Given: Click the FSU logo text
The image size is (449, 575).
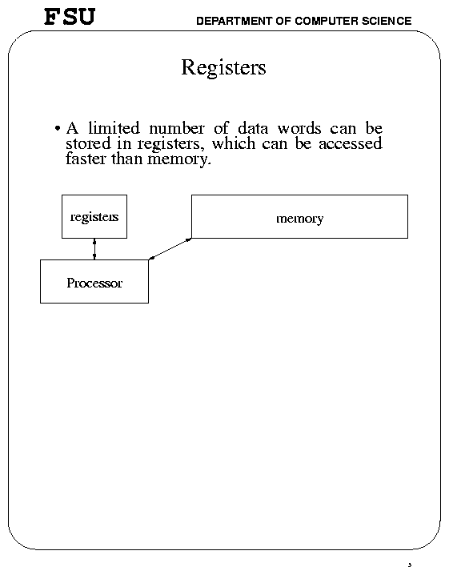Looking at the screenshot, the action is click(70, 17).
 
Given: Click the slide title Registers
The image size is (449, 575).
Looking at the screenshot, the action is click(223, 68).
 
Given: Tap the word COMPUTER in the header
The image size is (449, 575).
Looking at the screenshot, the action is click(327, 21).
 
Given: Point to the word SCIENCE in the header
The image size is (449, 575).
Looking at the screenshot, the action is click(387, 21).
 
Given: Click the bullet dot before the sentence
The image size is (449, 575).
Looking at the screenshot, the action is click(57, 128).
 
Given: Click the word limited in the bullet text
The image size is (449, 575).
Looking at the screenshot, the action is click(114, 128).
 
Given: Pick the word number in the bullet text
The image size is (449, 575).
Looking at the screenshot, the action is click(177, 128).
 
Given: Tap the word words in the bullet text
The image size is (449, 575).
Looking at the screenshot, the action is click(299, 128).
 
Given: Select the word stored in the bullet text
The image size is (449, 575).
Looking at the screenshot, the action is click(88, 143).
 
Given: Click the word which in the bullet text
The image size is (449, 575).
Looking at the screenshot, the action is click(234, 143).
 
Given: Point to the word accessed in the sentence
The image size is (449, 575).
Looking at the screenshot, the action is click(351, 143).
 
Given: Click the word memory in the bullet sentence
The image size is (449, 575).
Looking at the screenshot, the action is click(179, 160).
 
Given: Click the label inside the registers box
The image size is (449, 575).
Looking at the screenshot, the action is click(94, 217).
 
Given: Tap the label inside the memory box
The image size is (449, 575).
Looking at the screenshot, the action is click(300, 219).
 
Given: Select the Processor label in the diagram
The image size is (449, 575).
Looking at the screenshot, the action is click(94, 283).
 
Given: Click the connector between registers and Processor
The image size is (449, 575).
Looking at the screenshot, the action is click(94, 249).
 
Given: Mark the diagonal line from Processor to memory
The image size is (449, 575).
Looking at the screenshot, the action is click(170, 249).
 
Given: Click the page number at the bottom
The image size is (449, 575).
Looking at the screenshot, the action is click(410, 565).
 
